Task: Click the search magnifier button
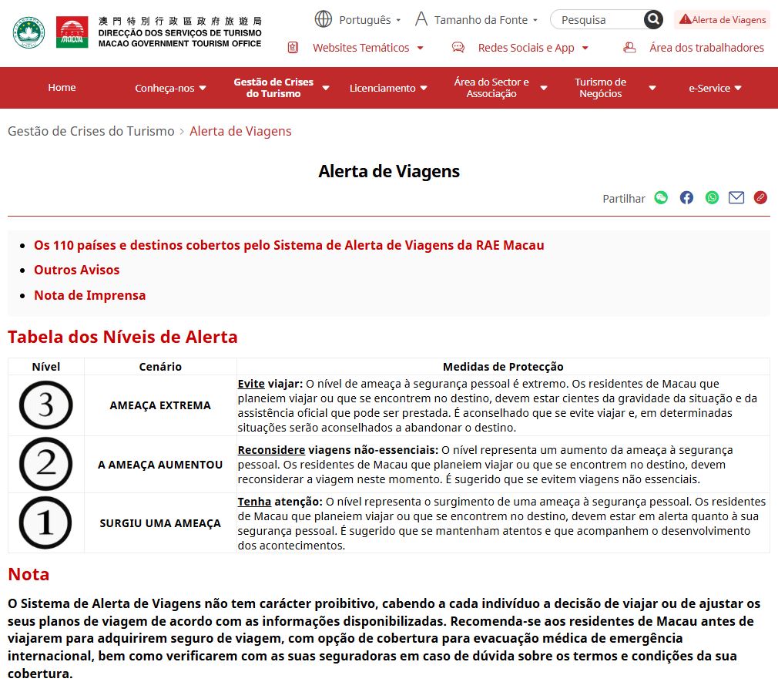click(x=653, y=20)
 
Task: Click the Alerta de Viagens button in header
click(x=723, y=20)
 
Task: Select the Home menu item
click(x=62, y=88)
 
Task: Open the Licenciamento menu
click(x=387, y=88)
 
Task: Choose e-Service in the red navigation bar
click(x=715, y=88)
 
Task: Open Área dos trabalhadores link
click(x=706, y=48)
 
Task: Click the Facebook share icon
click(x=686, y=198)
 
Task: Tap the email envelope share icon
click(x=736, y=198)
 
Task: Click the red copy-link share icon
click(x=760, y=198)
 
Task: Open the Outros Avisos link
click(x=77, y=270)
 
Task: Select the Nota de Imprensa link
click(x=89, y=295)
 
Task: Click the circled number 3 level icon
click(x=45, y=405)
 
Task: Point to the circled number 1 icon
click(x=45, y=522)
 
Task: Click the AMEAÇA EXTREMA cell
click(x=160, y=405)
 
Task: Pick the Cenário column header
click(x=160, y=367)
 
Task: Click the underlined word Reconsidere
click(x=271, y=450)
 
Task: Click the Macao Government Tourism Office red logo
click(x=72, y=32)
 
